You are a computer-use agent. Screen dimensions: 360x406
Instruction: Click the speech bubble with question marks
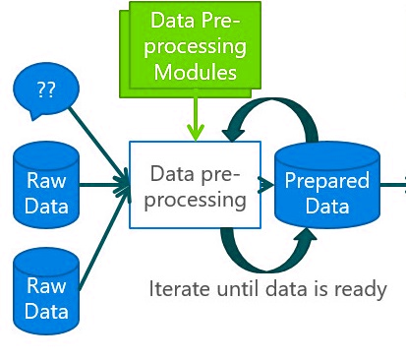pos(45,90)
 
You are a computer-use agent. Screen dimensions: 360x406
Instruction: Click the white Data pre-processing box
pos(196,184)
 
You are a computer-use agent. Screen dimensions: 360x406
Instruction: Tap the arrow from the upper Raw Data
pos(103,183)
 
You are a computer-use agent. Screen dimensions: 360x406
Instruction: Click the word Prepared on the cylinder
pos(326,181)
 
